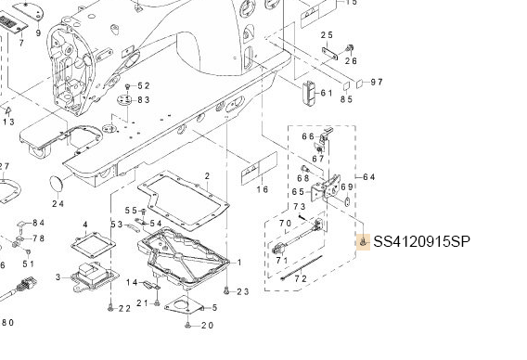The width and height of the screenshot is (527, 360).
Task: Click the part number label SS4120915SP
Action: (x=421, y=241)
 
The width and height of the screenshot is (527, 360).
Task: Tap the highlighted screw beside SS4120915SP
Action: (x=363, y=242)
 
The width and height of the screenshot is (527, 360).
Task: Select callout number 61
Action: (x=326, y=93)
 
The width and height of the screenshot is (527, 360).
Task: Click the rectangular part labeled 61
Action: (x=309, y=94)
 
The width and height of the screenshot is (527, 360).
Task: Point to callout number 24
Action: (x=58, y=204)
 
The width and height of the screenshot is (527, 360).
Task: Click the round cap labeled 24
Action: (x=57, y=184)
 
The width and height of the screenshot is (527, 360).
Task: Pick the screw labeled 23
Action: (x=226, y=290)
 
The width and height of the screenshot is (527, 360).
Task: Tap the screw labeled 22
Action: (x=110, y=307)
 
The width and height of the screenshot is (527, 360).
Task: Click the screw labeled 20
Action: (x=187, y=325)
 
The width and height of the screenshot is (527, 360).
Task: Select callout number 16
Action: (x=263, y=189)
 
